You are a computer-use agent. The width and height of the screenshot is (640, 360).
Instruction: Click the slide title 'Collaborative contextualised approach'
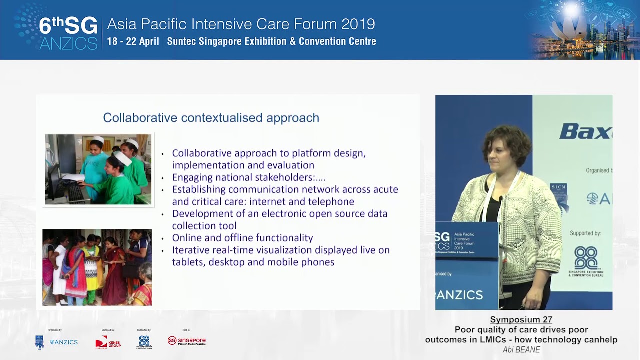[x=211, y=118]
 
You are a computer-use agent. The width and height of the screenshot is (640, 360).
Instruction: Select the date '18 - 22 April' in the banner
[x=133, y=41]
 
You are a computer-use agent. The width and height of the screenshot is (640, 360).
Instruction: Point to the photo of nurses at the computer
[x=98, y=169]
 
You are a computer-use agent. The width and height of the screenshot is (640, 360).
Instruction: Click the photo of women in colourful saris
[x=97, y=267]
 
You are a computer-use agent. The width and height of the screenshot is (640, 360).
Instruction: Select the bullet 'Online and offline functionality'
[x=242, y=238]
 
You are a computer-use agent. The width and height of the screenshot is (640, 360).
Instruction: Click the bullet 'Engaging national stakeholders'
[x=248, y=177]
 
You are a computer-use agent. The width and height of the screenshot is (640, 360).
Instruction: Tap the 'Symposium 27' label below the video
[x=521, y=320]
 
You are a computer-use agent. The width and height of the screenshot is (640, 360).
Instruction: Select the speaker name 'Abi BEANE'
[x=521, y=350]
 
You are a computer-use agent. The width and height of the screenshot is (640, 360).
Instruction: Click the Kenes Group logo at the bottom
[x=108, y=342]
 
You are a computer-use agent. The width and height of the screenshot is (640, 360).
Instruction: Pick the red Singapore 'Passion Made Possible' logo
[x=186, y=341]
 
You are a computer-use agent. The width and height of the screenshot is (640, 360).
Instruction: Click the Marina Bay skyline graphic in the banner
[x=582, y=30]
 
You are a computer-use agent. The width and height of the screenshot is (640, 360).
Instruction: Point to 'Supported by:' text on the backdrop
[x=585, y=233]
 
